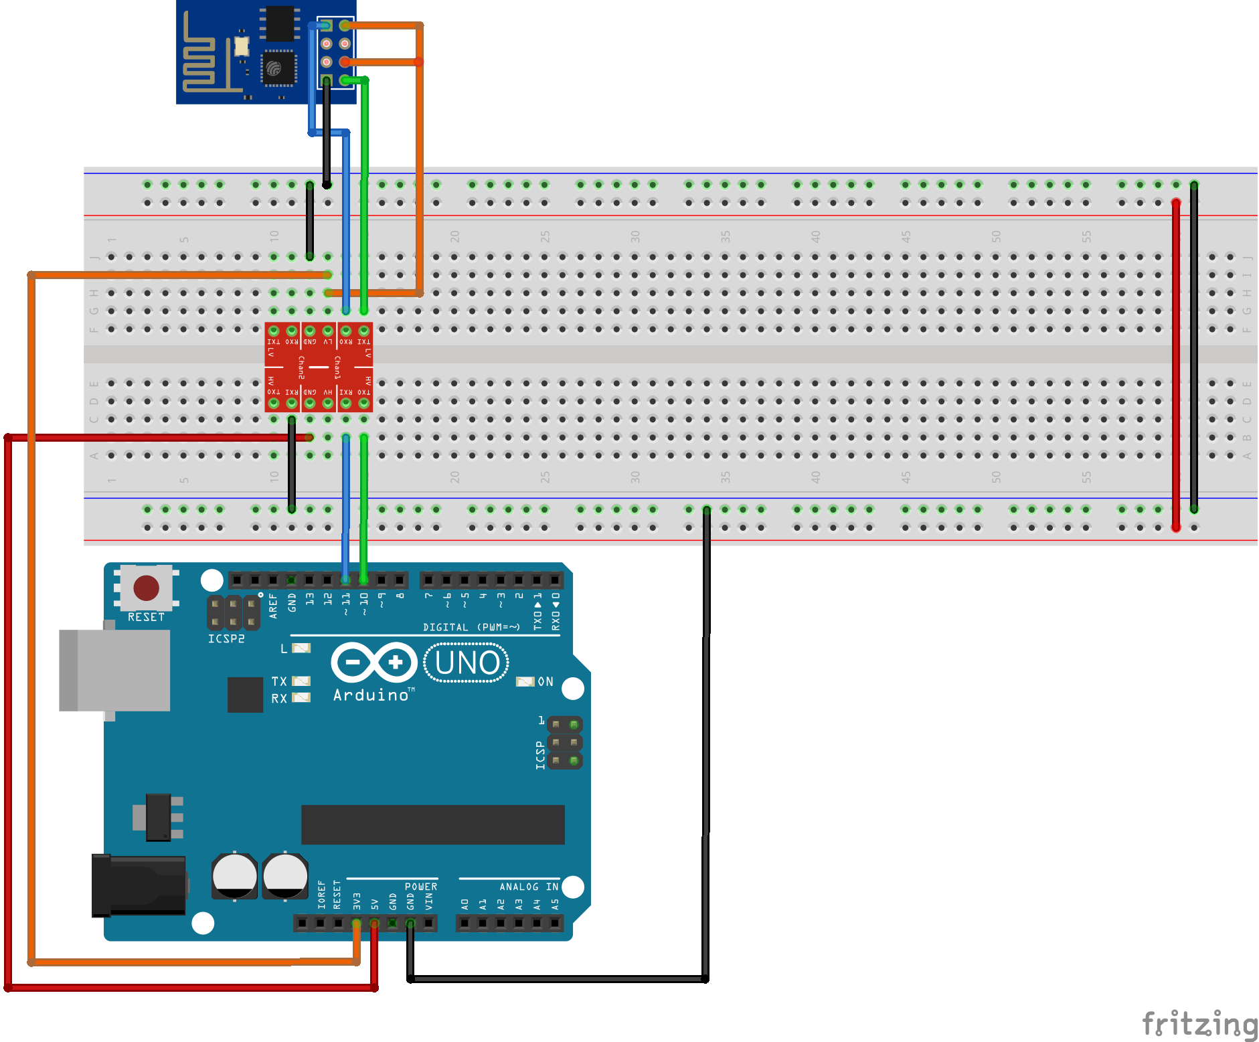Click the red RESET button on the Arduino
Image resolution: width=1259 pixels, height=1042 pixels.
point(146,588)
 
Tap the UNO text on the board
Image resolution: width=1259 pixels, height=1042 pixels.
point(467,663)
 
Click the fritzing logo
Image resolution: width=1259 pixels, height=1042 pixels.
point(1199,1024)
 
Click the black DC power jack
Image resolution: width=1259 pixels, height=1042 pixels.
point(139,885)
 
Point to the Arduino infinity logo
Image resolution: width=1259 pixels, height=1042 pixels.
point(373,663)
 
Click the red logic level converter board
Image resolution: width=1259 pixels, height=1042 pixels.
point(319,367)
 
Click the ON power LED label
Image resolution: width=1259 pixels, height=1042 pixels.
point(545,681)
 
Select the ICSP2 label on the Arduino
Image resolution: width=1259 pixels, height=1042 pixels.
point(226,639)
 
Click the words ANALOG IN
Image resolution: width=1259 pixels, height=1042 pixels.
point(528,887)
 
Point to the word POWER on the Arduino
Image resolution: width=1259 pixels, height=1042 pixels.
point(420,887)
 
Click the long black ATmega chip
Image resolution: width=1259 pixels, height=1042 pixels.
point(432,824)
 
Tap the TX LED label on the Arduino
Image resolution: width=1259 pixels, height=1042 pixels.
point(279,681)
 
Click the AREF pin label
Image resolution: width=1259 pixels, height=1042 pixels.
point(273,605)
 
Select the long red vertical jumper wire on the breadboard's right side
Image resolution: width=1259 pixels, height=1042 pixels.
point(1176,365)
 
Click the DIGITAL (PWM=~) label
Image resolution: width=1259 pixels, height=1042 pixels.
point(471,627)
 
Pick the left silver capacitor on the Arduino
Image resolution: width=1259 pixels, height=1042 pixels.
point(234,875)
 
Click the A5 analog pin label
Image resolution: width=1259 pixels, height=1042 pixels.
point(555,904)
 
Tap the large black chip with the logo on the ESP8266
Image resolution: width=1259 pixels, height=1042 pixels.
point(278,68)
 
